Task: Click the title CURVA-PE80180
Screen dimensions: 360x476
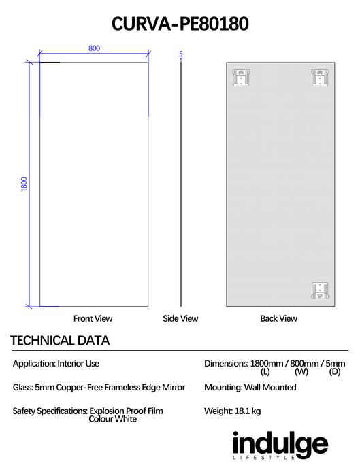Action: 180,24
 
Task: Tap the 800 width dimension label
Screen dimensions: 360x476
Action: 94,48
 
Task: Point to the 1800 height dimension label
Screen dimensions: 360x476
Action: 24,184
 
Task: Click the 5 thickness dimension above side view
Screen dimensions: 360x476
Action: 181,54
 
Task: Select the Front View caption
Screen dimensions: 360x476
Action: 93,318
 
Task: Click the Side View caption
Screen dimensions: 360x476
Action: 180,318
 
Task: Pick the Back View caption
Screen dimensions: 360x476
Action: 278,318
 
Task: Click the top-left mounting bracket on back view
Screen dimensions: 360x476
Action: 241,78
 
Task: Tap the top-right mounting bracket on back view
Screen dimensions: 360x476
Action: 320,78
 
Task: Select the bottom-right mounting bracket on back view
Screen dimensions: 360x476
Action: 320,290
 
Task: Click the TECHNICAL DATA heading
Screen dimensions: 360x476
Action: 60,341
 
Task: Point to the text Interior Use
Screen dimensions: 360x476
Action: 78,363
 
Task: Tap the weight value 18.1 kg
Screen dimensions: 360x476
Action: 248,411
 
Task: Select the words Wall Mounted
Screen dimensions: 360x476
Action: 270,388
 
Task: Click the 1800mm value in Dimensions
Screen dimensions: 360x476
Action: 267,363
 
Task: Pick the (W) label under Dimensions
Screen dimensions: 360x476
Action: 301,371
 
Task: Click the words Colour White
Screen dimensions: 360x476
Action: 113,419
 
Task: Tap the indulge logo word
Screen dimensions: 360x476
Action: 280,444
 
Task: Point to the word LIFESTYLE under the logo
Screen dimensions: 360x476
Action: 263,458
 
